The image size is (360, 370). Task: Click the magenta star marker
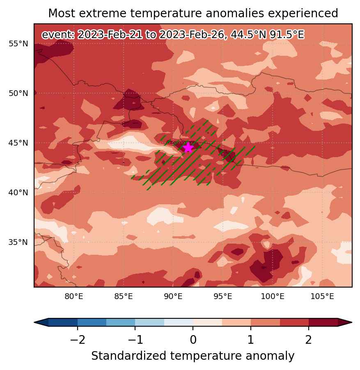188,148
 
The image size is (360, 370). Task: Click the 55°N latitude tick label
18,43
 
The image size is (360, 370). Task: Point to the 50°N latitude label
18,93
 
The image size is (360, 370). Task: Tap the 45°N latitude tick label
18,143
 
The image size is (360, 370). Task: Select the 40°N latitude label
18,192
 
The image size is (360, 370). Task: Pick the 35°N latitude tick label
18,242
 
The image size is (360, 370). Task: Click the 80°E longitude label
74,297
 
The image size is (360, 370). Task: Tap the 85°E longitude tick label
124,297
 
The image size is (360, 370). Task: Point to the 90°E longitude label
173,297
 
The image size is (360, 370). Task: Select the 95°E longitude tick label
223,297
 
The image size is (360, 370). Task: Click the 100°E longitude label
273,297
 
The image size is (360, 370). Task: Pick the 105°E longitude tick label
322,297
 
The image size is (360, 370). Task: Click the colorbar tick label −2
78,340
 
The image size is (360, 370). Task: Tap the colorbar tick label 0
193,340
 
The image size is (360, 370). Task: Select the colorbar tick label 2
309,340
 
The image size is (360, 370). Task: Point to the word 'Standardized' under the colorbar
128,356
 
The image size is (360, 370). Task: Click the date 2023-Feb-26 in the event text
191,35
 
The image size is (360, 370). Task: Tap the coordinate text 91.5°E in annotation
287,35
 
